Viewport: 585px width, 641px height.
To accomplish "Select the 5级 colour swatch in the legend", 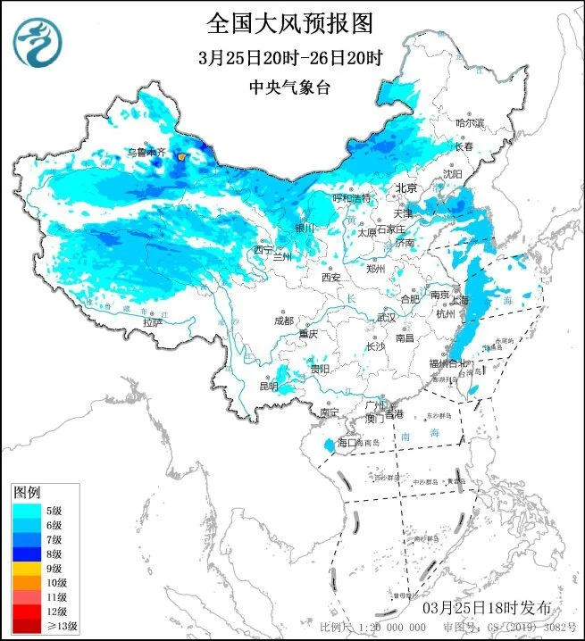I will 24,510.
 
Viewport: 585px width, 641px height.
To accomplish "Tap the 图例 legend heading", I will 27,493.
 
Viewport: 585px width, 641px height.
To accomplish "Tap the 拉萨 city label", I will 153,322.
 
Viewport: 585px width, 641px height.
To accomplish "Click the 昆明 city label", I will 269,386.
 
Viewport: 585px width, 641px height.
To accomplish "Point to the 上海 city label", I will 472,301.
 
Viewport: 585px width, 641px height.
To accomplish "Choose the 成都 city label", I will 283,320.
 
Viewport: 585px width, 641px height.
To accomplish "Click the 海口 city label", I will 347,443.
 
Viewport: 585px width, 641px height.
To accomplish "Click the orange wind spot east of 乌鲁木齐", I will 182,156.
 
